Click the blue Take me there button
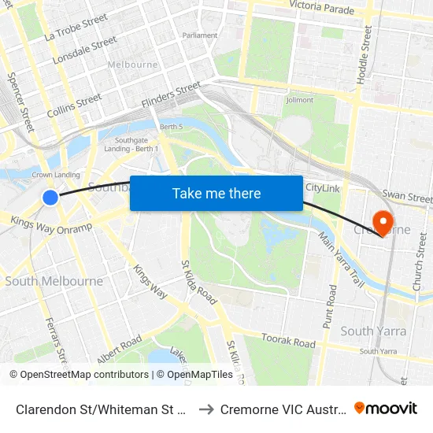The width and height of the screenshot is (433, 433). point(216,193)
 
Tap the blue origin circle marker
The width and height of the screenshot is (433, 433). point(50,197)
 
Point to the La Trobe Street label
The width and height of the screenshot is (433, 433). point(76,27)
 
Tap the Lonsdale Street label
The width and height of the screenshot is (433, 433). point(84,50)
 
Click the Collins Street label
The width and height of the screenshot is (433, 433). point(74,105)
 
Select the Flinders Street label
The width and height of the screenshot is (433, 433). point(171,95)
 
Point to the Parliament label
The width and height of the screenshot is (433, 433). point(200,35)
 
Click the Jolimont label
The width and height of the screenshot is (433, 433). point(300,100)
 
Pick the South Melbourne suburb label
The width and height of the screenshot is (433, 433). point(54,281)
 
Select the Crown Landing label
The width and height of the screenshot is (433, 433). point(55,175)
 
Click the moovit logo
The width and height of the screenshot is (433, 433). point(385,408)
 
